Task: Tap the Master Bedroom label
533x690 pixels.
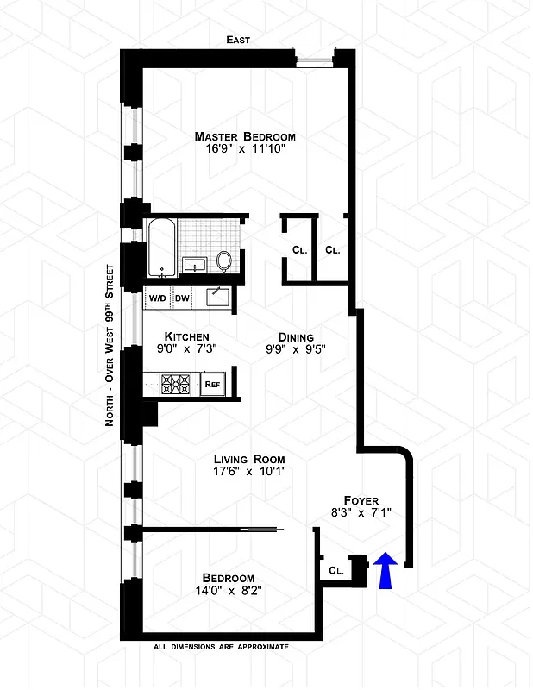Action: [x=245, y=136]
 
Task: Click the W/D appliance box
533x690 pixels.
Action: [x=158, y=298]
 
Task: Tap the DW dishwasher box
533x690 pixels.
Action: [x=182, y=298]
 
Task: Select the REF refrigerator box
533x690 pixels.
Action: [x=211, y=386]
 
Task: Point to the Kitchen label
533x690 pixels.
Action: [x=187, y=336]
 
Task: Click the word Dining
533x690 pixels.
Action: [x=295, y=337]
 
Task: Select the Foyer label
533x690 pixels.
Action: [x=361, y=499]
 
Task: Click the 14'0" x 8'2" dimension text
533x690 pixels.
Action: [x=228, y=591]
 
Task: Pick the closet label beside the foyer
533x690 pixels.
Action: [x=336, y=570]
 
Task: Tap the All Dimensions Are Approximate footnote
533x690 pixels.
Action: [x=221, y=646]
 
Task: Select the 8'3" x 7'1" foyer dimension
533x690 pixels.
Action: [x=362, y=512]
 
